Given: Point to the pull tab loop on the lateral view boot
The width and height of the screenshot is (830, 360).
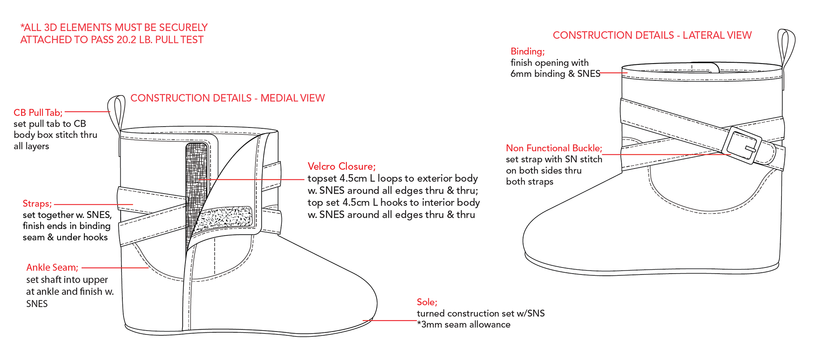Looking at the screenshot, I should tap(786, 48).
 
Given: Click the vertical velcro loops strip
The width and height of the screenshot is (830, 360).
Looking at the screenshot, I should tap(196, 182).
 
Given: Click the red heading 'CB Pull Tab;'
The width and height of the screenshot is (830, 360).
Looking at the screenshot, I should tap(38, 113).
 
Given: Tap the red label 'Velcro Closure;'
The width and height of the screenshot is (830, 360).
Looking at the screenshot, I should tap(342, 166).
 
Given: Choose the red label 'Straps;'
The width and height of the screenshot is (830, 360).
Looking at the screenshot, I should tap(37, 204).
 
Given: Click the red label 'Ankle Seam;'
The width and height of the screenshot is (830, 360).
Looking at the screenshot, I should tap(52, 268).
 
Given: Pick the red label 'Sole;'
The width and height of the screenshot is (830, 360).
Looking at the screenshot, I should tap(427, 302).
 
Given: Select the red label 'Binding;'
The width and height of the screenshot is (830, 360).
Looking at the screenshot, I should tap(527, 51).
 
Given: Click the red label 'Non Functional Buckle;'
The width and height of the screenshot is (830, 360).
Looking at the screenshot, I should tap(554, 148).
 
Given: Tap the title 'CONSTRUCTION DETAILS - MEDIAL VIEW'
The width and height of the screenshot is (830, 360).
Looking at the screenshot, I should tap(227, 98).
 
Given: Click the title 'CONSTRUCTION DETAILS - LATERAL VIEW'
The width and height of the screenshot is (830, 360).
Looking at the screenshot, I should tap(652, 35).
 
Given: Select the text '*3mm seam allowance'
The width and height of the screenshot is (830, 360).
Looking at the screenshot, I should tap(463, 325).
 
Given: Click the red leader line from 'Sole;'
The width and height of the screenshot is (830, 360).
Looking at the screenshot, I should tap(389, 321).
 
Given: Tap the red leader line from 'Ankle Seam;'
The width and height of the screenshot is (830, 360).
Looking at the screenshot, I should tap(115, 268).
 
